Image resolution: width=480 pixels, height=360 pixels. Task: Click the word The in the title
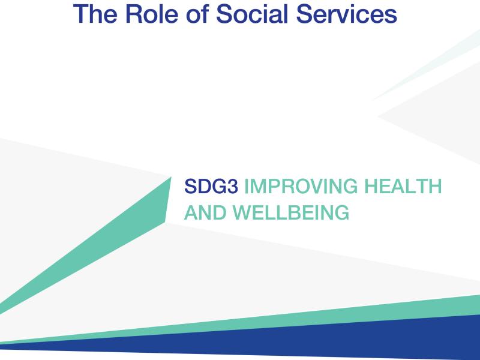[95, 14]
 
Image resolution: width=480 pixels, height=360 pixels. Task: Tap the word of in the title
[197, 14]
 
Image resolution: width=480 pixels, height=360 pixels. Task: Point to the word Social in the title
[252, 14]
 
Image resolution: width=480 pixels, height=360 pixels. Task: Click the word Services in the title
[347, 14]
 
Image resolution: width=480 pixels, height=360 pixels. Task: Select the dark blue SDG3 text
[211, 186]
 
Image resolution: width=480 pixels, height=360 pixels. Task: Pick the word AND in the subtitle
[205, 212]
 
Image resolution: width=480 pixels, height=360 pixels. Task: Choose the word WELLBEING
[291, 212]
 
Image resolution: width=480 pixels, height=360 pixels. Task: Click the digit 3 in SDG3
[232, 186]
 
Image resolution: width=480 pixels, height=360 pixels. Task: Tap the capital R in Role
[134, 14]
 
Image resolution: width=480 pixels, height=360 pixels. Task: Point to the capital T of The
[81, 14]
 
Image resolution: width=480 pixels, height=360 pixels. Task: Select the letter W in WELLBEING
[243, 212]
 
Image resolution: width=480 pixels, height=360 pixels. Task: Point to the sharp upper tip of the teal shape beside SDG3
[171, 177]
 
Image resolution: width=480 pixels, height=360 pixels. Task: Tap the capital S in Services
[304, 14]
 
